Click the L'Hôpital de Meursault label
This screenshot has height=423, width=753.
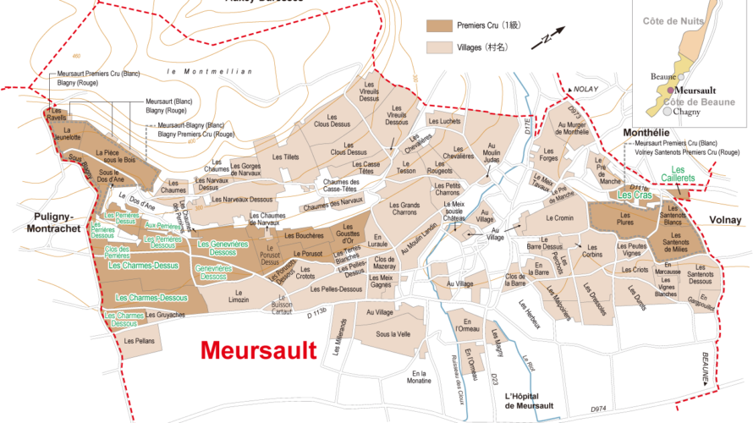coord(528,401)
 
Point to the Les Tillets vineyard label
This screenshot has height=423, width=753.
coord(286,157)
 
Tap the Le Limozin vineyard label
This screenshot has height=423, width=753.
coord(238,299)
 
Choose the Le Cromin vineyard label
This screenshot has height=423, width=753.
coord(559,218)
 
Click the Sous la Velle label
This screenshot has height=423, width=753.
coord(393,333)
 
